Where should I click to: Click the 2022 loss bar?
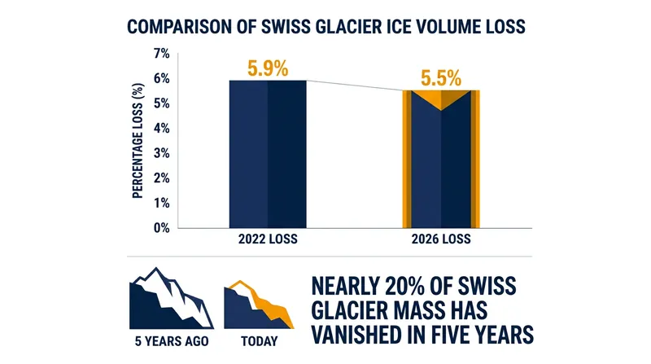coord(268,154)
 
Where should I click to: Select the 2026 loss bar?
coord(441,159)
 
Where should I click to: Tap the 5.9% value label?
coord(268,68)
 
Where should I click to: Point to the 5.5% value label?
coord(441,78)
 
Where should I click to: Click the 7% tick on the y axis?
coord(161,54)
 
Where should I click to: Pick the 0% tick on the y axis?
coord(161,228)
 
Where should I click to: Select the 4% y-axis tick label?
coord(161,129)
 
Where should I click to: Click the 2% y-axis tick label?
coord(161,178)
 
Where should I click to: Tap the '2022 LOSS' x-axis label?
coord(268,239)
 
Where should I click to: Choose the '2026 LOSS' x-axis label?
coord(441,239)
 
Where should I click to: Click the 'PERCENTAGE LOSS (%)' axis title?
coord(138,141)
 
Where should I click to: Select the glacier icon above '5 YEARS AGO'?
coord(171,298)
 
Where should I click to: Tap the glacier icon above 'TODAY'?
coord(259,305)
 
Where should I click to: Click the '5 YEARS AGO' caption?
coord(172,341)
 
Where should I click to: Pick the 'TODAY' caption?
coord(259,341)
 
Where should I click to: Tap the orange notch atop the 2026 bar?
coord(441,98)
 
